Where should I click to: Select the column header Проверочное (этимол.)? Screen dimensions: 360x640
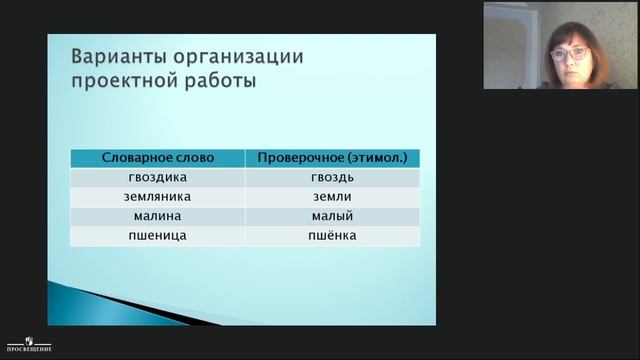click(x=332, y=158)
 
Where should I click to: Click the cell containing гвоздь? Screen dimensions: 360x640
click(x=332, y=177)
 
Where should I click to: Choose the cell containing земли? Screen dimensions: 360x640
click(x=332, y=196)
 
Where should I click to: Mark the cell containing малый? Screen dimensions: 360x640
click(x=332, y=216)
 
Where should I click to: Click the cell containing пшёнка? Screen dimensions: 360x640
click(x=332, y=236)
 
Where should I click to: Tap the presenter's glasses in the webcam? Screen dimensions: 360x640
click(x=567, y=52)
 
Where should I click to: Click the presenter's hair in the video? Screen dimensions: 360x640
click(x=566, y=27)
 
